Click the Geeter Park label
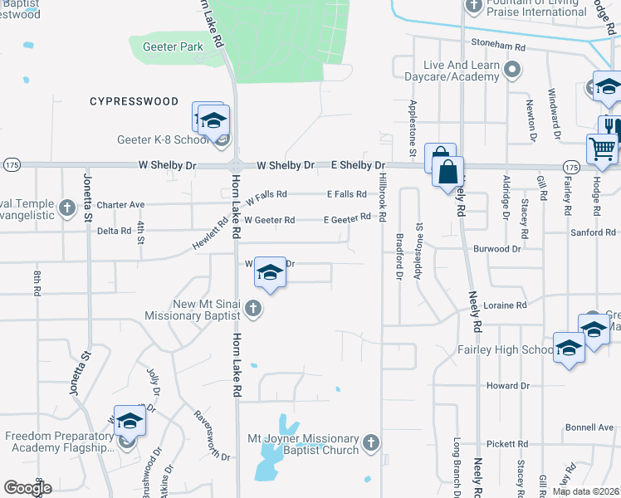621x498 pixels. [x=173, y=46]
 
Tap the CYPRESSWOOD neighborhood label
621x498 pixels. [x=134, y=101]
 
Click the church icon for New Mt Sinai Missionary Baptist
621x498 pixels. [x=254, y=310]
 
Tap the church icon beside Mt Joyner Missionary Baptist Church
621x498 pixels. [x=370, y=442]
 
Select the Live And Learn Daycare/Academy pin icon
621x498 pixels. [x=512, y=70]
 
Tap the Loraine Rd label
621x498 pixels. [x=510, y=305]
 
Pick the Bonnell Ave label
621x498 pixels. [x=589, y=427]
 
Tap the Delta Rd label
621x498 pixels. [x=114, y=231]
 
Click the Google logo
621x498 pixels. [x=27, y=488]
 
